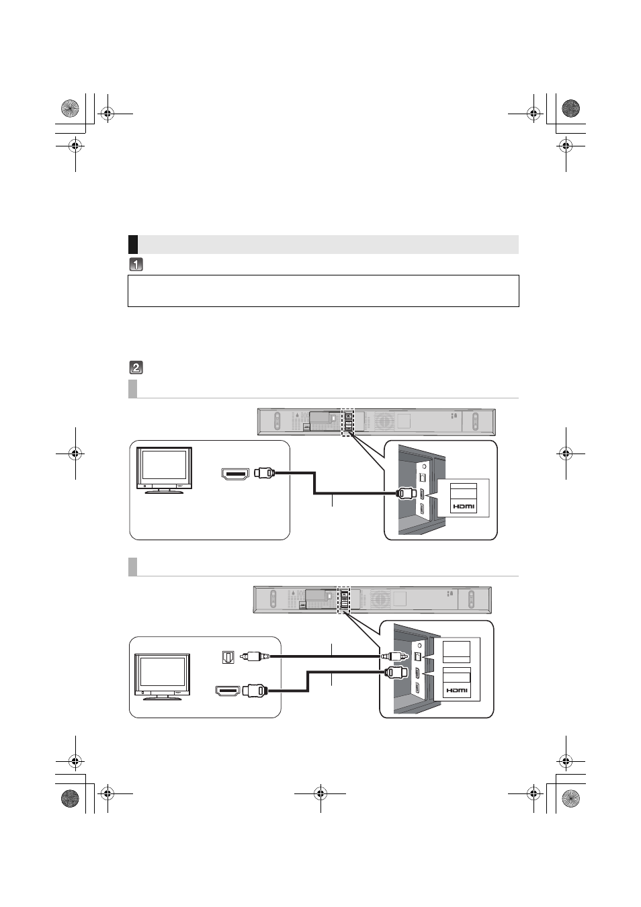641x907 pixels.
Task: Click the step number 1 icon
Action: pos(136,265)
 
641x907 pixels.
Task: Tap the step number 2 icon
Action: pos(136,368)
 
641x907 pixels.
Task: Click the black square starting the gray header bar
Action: pos(133,244)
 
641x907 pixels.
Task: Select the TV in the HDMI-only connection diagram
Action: pos(164,470)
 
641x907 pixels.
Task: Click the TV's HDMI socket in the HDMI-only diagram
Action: pos(235,474)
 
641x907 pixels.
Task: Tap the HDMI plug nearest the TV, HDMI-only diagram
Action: pos(265,472)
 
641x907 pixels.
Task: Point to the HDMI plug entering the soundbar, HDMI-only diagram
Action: pos(406,494)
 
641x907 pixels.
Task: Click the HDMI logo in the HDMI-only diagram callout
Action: pos(463,507)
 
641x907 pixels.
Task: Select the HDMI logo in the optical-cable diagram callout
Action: pos(457,690)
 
